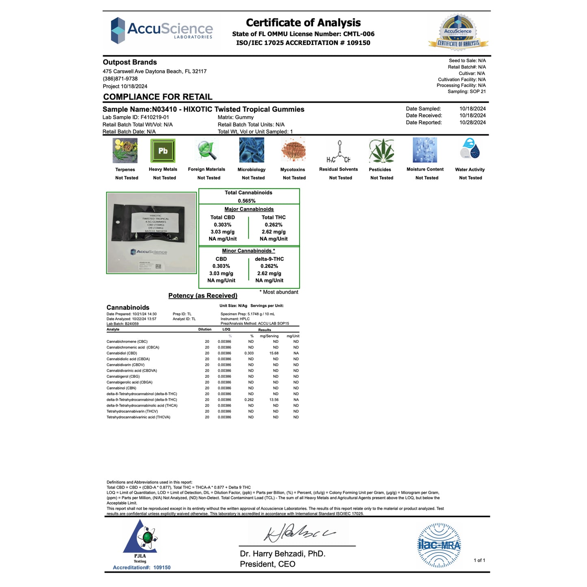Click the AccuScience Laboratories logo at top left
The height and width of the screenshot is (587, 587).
[162, 30]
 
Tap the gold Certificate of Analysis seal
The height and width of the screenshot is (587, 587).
[458, 33]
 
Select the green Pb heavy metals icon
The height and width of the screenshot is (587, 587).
[163, 151]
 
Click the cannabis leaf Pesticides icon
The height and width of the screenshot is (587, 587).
[381, 150]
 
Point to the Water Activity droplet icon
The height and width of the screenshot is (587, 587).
[470, 149]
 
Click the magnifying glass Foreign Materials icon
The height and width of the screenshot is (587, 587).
[207, 150]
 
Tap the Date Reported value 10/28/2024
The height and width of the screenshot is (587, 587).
[472, 123]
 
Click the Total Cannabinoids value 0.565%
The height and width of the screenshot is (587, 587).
[247, 201]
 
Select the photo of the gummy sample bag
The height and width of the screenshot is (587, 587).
[151, 232]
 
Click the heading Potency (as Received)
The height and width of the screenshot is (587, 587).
[203, 296]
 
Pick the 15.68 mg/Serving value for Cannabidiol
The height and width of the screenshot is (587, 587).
[274, 353]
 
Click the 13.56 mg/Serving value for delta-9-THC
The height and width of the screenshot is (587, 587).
[274, 400]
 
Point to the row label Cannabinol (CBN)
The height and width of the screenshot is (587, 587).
[121, 388]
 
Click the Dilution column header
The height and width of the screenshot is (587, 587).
[205, 329]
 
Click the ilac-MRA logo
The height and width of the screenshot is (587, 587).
[439, 545]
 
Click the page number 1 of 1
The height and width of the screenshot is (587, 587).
[479, 561]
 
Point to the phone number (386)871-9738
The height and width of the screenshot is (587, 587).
[120, 79]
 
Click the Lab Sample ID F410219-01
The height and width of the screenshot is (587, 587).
[154, 117]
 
